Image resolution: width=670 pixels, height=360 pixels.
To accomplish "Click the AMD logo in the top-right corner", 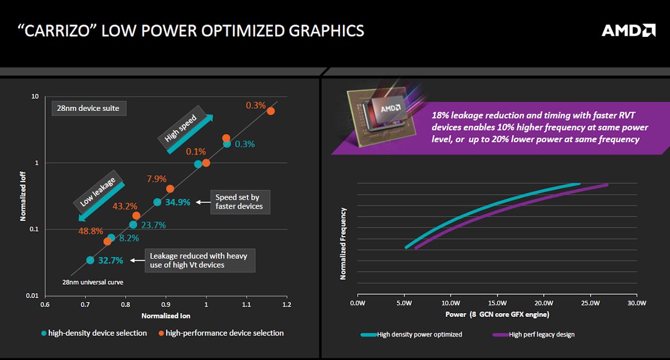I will (x=628, y=30).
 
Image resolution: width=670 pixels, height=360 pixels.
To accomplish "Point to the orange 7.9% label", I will (x=156, y=179).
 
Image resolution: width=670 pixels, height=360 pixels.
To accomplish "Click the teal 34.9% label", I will (x=178, y=202).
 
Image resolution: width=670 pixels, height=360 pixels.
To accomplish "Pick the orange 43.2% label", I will (x=126, y=206).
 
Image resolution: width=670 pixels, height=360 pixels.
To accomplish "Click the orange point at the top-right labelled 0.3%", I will (x=271, y=111).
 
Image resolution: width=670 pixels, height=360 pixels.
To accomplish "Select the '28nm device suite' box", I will (x=88, y=108).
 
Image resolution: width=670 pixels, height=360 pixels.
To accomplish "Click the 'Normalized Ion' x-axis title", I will (x=166, y=316).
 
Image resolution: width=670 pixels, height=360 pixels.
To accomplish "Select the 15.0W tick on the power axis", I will (x=497, y=304).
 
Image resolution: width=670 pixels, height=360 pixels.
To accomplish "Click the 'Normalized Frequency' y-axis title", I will (x=343, y=243).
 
